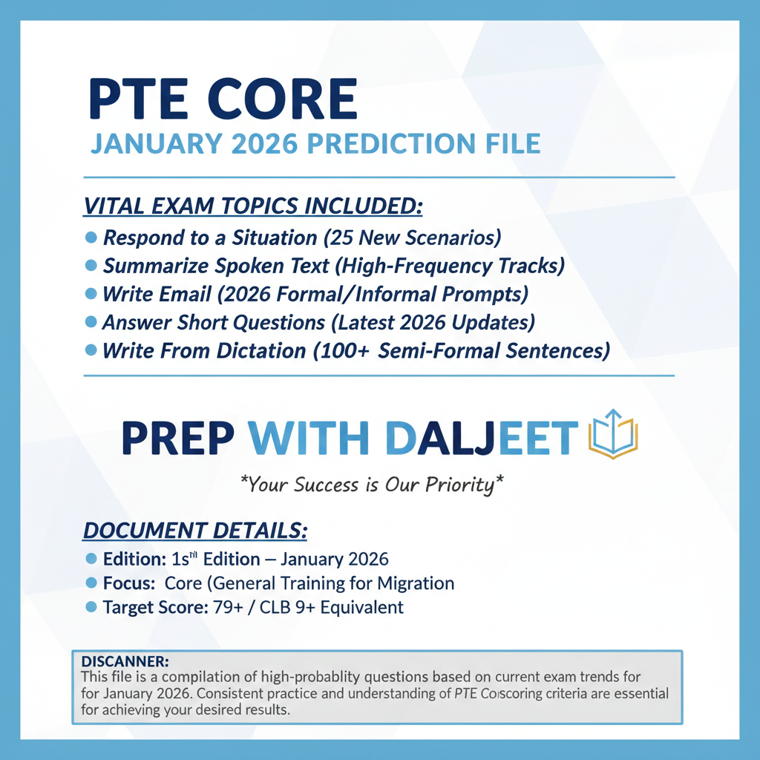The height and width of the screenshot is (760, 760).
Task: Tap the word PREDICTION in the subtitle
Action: point(390,143)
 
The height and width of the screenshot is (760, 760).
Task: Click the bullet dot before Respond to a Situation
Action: point(92,237)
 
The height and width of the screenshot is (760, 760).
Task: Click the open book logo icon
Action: point(613,434)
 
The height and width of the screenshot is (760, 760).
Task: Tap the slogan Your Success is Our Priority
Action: point(372,485)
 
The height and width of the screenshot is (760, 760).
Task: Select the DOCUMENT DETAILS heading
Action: point(194,531)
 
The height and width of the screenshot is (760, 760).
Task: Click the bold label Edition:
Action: point(134,559)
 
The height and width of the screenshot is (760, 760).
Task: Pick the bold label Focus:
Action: point(129,583)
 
